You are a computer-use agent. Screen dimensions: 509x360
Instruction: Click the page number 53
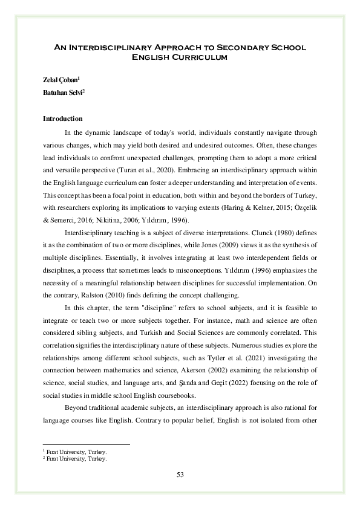(180, 474)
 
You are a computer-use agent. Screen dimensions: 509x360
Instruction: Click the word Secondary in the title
(238, 47)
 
